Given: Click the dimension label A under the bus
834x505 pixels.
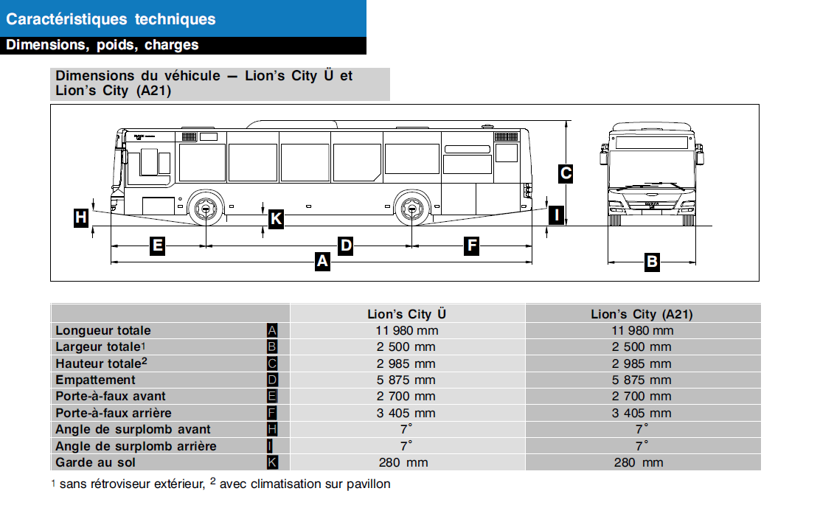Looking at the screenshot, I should (322, 261).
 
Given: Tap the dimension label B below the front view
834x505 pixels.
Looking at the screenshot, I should (652, 261).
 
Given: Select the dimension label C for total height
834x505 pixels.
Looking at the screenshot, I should (566, 174).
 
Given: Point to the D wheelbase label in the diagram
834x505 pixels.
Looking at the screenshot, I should (345, 245).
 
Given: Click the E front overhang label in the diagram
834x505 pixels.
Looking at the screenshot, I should (157, 245).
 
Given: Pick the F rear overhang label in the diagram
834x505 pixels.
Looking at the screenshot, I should (472, 245).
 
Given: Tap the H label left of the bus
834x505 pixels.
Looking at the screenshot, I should (81, 217).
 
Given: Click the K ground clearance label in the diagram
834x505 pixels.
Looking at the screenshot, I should (276, 218).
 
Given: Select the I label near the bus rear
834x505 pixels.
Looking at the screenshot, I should (557, 215).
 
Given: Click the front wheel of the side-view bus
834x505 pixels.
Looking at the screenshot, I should (204, 209).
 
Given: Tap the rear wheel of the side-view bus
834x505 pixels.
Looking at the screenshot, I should (411, 209).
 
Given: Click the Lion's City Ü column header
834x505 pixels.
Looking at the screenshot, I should (406, 314).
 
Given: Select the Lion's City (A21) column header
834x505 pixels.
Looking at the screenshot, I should (642, 314).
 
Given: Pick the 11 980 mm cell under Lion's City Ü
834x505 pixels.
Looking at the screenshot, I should (406, 330).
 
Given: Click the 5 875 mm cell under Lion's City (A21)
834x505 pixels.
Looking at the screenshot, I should (642, 380).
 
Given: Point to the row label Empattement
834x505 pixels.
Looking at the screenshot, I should (96, 380).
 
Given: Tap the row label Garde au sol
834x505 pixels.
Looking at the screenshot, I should (96, 462).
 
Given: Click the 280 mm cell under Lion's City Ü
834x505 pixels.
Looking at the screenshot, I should (406, 462).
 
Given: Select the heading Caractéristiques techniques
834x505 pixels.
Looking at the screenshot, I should (111, 19).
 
